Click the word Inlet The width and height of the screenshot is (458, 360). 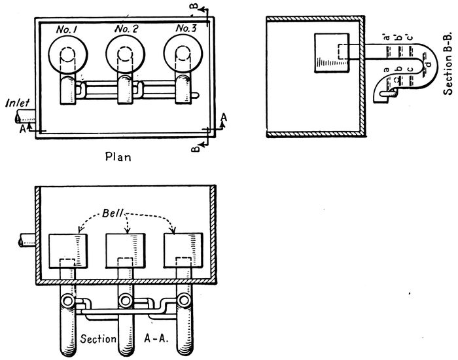pos(16,103)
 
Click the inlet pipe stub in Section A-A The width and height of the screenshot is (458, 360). pos(24,240)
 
